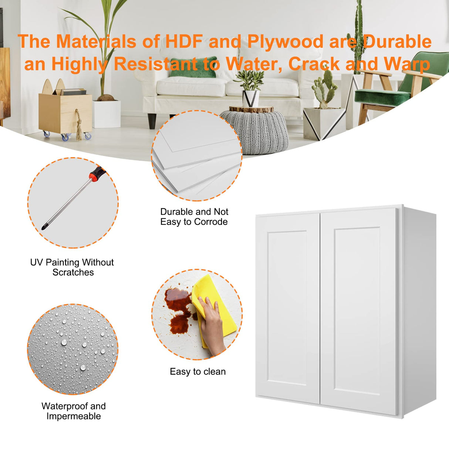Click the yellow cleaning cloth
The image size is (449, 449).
[x=213, y=308]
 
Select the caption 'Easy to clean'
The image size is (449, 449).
[x=198, y=371]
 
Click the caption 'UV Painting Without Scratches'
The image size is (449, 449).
[x=72, y=267]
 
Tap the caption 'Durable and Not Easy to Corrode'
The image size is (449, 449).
[x=194, y=217]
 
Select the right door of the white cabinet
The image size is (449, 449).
[x=358, y=312]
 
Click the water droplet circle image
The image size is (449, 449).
[x=73, y=350]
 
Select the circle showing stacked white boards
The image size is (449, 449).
[x=197, y=156]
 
